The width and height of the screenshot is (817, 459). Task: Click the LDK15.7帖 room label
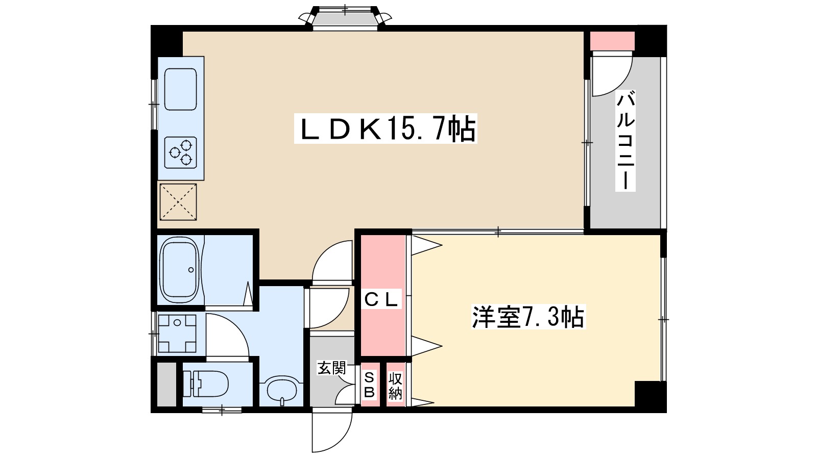tap(386, 129)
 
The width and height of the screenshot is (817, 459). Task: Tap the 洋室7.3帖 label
tap(528, 317)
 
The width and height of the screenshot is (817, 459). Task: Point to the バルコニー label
tap(626, 141)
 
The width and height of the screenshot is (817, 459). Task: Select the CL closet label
tap(381, 299)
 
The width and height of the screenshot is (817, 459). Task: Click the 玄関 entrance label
tap(331, 368)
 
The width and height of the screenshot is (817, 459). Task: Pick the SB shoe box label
tap(370, 385)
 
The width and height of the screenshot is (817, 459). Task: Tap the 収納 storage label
tap(395, 386)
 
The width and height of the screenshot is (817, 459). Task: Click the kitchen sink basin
tap(181, 89)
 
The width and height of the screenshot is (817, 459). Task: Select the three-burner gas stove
tap(181, 152)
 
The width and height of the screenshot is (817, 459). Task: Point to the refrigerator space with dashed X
tap(178, 202)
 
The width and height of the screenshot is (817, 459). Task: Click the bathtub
tap(181, 270)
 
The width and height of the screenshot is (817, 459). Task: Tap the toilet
tap(205, 384)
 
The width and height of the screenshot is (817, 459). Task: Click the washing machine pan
tap(177, 334)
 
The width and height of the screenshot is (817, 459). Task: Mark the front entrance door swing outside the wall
tap(331, 430)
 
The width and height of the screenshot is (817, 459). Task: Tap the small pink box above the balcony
tap(612, 41)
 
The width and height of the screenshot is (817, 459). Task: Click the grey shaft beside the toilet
tap(166, 385)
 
